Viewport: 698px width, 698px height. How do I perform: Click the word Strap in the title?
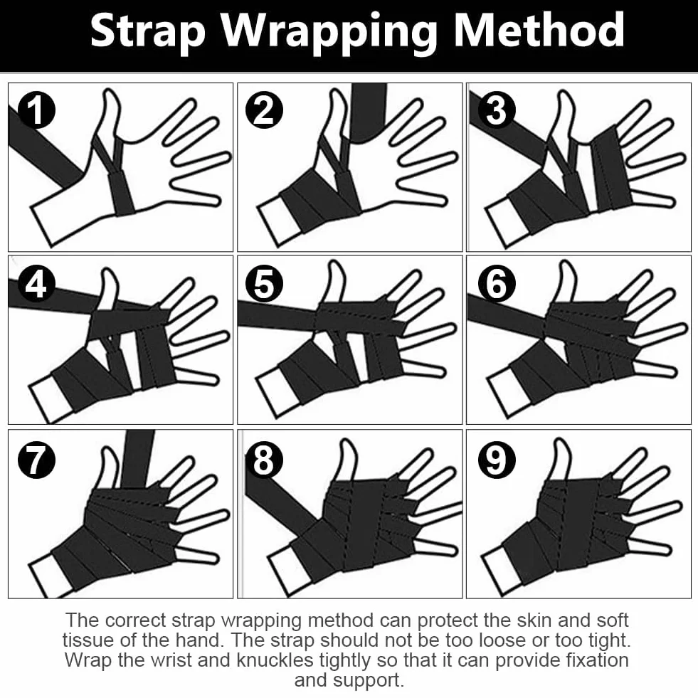click(x=148, y=31)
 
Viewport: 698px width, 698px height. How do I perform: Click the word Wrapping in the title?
click(x=329, y=32)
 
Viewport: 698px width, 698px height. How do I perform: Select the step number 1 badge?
click(x=36, y=110)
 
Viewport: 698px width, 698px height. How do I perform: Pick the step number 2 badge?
click(x=265, y=110)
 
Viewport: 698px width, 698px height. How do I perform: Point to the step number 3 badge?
click(x=497, y=110)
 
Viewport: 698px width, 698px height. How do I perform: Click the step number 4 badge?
click(x=36, y=284)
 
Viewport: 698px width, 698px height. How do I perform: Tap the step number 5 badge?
click(x=265, y=284)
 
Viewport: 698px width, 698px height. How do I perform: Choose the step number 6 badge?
click(x=497, y=284)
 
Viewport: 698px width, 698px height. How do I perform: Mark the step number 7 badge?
click(x=36, y=460)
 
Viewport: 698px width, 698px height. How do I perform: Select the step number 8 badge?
click(x=265, y=460)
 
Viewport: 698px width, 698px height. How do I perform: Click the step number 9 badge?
click(x=497, y=460)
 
